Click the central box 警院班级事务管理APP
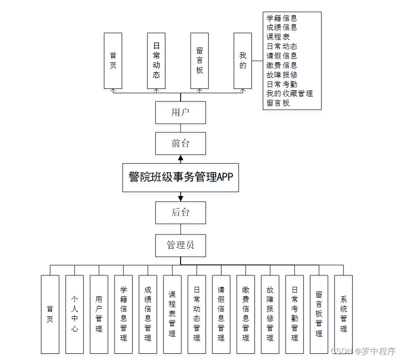tap(181, 177)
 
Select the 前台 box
tap(181, 143)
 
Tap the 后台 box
tap(181, 212)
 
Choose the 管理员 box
tap(181, 245)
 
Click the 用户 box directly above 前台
tap(181, 113)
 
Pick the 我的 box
tap(243, 61)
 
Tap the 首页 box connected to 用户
tap(113, 61)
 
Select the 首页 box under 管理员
tap(50, 314)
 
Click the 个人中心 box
tap(75, 314)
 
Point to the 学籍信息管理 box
tap(124, 314)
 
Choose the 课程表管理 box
tap(172, 314)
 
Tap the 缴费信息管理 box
tap(246, 314)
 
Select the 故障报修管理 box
tap(270, 314)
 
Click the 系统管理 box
tap(344, 314)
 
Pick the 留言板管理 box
tap(319, 314)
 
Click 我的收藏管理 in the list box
tap(289, 94)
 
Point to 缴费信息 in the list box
tap(282, 65)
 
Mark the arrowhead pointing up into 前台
tap(181, 158)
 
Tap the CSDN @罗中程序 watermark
tap(363, 351)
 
